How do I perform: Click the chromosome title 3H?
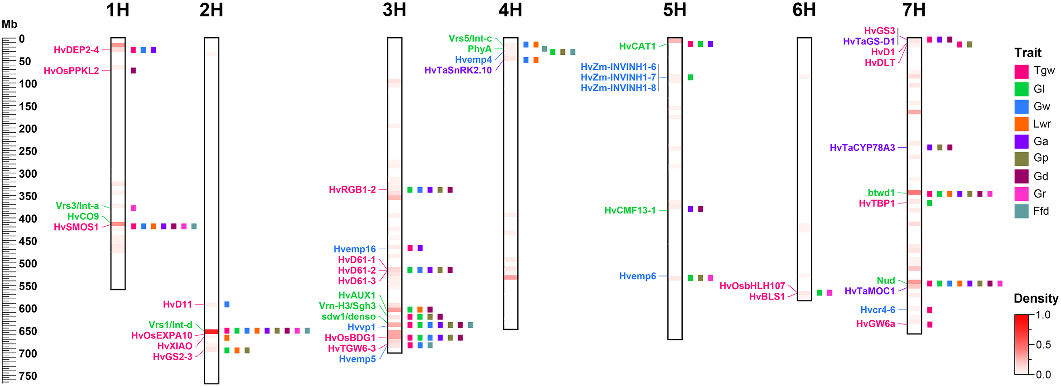tap(394, 10)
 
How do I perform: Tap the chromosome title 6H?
tap(804, 10)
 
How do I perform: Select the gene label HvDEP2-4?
tap(76, 50)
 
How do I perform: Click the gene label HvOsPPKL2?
tap(71, 71)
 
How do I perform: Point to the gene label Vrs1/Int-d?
tap(170, 325)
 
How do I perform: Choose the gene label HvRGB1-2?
tap(352, 190)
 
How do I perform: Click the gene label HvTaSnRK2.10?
tap(458, 70)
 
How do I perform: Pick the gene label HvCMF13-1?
tap(630, 210)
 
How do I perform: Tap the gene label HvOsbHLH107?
tap(752, 286)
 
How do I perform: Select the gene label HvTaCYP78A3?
tap(862, 148)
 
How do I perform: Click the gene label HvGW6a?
tap(875, 324)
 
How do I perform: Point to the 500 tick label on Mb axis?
tap(28, 264)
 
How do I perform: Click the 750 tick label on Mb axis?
tap(28, 376)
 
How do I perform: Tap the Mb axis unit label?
tap(9, 24)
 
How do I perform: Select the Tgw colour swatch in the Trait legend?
tap(1021, 72)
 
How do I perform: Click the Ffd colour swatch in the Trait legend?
tap(1021, 211)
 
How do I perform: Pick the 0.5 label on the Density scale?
tap(1043, 345)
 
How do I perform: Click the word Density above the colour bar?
tap(1036, 299)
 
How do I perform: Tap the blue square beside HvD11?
tap(227, 305)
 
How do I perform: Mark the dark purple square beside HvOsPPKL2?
tap(133, 71)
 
